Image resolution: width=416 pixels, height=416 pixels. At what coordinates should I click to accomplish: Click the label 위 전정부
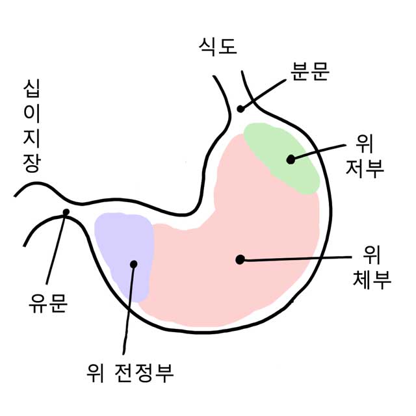click(x=130, y=372)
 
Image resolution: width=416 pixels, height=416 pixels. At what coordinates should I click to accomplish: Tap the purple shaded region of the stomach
click(x=120, y=240)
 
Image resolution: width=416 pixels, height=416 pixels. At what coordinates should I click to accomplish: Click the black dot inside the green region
click(x=291, y=158)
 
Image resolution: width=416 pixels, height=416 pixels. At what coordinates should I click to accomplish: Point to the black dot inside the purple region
click(x=134, y=264)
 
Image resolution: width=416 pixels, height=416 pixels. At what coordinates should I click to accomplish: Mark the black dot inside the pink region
click(x=240, y=259)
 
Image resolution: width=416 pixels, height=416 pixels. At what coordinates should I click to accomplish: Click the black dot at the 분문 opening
click(x=240, y=109)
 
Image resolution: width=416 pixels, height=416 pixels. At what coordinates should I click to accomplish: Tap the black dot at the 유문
click(x=66, y=212)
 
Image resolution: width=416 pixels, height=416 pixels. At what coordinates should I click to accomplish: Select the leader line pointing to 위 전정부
click(x=129, y=309)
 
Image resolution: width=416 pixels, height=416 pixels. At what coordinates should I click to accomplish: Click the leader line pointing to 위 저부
click(x=318, y=151)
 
